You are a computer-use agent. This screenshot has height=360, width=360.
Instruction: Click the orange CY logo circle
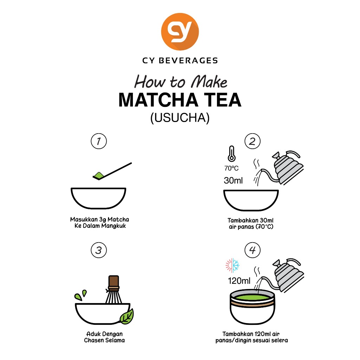(x=180, y=32)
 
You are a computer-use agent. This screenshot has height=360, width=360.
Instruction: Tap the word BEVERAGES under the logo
(x=188, y=60)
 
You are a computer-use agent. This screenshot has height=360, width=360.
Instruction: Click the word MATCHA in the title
(x=158, y=100)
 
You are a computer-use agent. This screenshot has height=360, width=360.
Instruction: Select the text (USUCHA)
(x=180, y=117)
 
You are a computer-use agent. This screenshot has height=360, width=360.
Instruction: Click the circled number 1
(x=99, y=141)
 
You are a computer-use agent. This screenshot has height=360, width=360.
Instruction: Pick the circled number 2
(x=252, y=141)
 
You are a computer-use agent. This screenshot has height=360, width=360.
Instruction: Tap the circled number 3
(x=99, y=250)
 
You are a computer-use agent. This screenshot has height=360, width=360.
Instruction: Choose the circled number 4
(x=252, y=250)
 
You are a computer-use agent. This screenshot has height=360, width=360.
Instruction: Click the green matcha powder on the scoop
(x=99, y=175)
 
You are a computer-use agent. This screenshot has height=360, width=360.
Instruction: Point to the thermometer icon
(x=231, y=154)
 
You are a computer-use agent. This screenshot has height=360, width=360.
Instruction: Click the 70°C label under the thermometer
(x=231, y=168)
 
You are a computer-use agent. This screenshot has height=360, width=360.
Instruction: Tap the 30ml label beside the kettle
(x=233, y=180)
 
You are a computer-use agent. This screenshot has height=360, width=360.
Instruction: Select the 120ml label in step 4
(x=239, y=281)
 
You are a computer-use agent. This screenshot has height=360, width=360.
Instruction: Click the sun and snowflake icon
(x=232, y=265)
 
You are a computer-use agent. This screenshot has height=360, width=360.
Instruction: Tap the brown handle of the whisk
(x=114, y=281)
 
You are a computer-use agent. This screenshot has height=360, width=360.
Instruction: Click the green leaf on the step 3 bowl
(x=127, y=317)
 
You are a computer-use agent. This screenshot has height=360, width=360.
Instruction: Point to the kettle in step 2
(x=287, y=168)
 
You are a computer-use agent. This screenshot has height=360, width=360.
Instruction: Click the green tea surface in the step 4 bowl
(x=252, y=298)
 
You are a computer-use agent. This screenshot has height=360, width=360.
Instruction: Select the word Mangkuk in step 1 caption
(x=114, y=226)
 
